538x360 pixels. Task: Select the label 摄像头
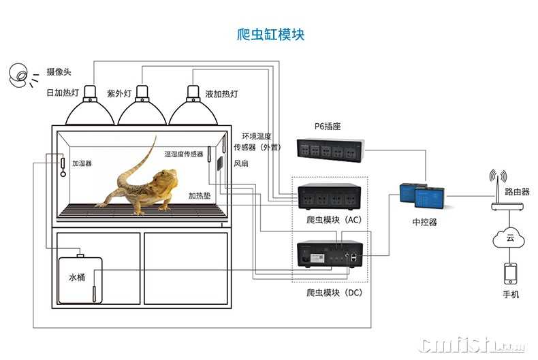(x=59, y=72)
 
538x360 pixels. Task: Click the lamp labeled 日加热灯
(x=89, y=110)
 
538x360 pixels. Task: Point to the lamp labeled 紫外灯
(x=142, y=110)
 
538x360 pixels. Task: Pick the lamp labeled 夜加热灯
(x=193, y=110)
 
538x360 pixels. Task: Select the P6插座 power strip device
(x=330, y=150)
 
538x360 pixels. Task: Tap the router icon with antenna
(x=496, y=197)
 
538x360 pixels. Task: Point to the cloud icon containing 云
(x=509, y=238)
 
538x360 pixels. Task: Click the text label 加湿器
(x=82, y=164)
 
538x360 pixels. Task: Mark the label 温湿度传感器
(x=183, y=154)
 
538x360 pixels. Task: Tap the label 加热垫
(x=199, y=196)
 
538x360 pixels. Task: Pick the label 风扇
(x=241, y=164)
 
